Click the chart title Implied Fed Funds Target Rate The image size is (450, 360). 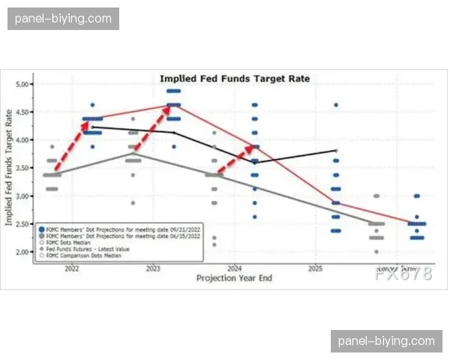click(x=235, y=79)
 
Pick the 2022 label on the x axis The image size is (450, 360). click(x=72, y=268)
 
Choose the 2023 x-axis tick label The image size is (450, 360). click(x=152, y=268)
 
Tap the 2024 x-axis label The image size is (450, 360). click(x=234, y=268)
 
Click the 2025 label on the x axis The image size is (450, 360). click(x=315, y=268)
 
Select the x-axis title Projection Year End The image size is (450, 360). click(x=234, y=277)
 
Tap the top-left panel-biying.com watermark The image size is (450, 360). click(x=63, y=18)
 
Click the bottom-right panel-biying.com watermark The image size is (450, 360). click(x=386, y=341)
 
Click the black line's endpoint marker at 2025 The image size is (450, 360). click(x=336, y=151)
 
